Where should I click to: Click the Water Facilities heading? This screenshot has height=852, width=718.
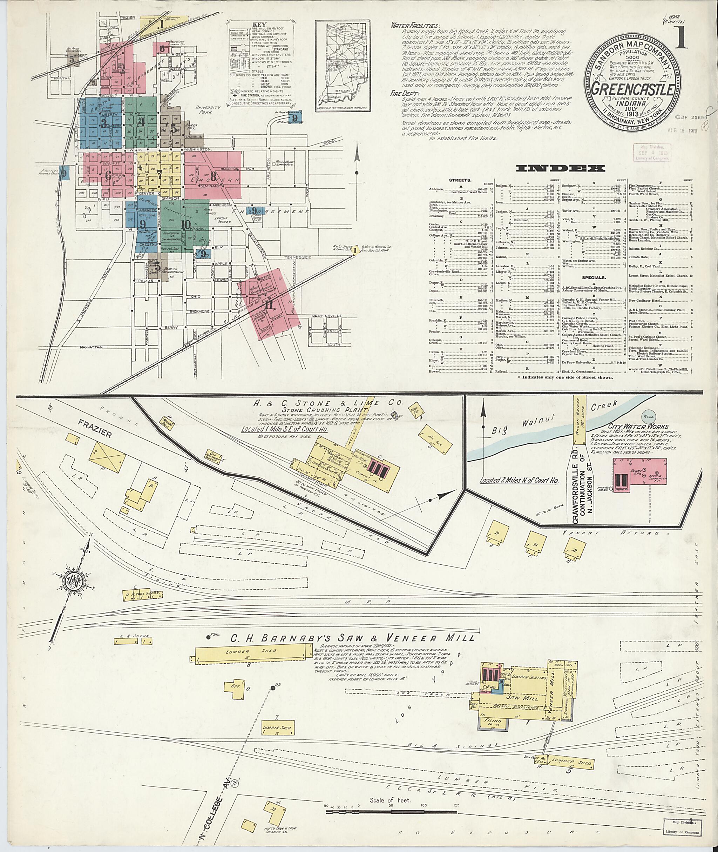coord(415,25)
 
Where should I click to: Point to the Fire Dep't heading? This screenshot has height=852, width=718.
coord(402,93)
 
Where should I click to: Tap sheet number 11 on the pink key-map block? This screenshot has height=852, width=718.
coord(269,304)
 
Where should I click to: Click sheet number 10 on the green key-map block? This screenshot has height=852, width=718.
coord(187,224)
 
